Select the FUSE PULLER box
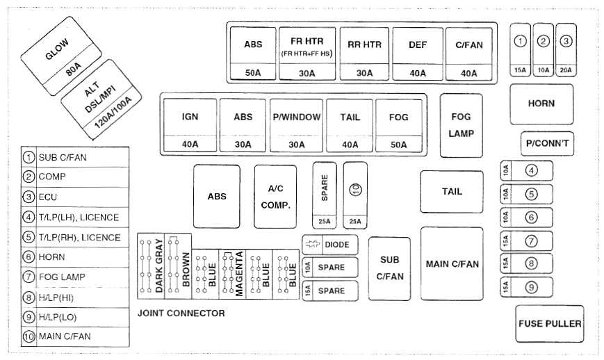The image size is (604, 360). (x=549, y=324)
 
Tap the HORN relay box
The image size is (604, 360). (x=541, y=104)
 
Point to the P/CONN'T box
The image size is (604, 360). (x=547, y=143)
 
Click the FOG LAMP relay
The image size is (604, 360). (x=461, y=125)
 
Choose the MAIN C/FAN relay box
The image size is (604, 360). (x=452, y=264)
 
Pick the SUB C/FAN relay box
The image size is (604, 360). (x=390, y=268)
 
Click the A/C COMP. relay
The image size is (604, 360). (x=275, y=196)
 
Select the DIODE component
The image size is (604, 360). (x=330, y=245)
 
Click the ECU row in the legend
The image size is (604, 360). (x=75, y=197)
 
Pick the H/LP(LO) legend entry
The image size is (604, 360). (x=75, y=317)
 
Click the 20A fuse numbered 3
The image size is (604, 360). (x=566, y=49)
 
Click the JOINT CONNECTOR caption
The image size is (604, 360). (x=181, y=313)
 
